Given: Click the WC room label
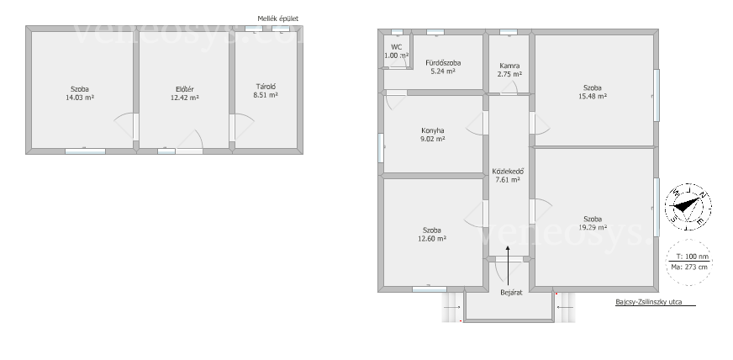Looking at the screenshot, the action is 397,51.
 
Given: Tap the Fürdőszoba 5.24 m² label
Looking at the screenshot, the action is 443,66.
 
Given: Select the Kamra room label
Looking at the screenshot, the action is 509,70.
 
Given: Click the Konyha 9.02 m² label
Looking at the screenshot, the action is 433,135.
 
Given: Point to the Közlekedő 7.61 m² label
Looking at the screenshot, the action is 508,175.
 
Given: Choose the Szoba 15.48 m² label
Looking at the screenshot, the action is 593,92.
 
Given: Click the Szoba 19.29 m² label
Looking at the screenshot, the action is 593,223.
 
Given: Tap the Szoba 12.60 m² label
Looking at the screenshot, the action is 432,234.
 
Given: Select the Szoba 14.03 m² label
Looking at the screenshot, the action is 80,93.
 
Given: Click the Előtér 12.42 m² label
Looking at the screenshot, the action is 185,93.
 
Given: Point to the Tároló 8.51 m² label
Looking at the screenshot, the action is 266,90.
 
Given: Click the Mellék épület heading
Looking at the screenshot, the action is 277,19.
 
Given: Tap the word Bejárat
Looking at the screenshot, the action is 511,293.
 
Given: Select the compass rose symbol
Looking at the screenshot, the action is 688,207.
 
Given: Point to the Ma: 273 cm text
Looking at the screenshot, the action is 692,267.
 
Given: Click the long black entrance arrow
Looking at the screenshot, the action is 509,264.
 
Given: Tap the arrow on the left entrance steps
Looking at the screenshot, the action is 451,307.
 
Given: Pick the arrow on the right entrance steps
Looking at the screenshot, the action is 565,307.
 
